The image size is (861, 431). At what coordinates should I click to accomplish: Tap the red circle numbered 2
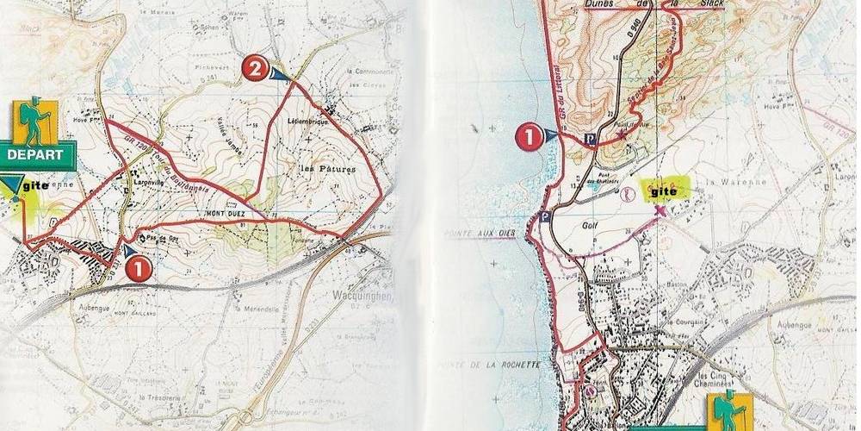[x=254, y=68]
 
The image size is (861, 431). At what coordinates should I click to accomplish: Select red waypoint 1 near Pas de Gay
[x=139, y=268]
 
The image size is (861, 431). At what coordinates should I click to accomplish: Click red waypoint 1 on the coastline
[x=528, y=135]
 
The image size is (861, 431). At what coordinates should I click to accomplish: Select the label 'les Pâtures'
[x=326, y=169]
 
